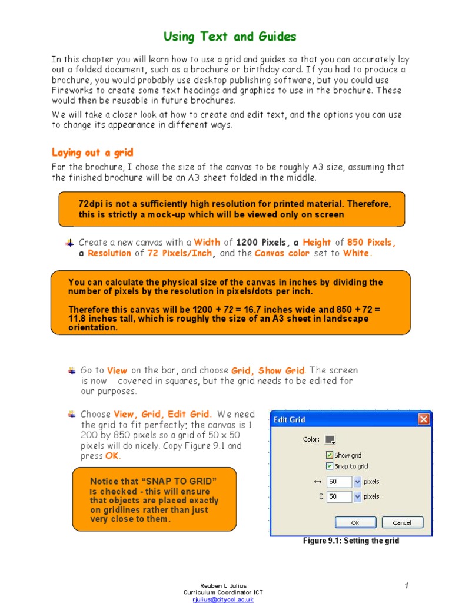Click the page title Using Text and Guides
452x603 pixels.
point(230,37)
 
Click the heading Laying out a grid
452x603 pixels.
point(92,153)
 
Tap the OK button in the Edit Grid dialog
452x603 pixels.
point(355,522)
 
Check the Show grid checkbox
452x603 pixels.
point(330,455)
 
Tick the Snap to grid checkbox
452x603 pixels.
point(330,466)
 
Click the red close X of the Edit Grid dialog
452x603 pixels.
point(423,419)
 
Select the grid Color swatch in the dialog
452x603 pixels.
point(330,439)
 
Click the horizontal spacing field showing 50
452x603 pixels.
point(338,482)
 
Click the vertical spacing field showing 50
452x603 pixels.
point(338,496)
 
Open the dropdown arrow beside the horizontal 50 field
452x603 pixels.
point(357,482)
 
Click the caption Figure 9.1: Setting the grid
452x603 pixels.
point(351,541)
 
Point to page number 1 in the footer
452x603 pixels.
point(406,585)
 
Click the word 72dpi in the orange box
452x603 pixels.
point(92,204)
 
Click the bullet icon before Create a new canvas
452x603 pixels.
point(70,243)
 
